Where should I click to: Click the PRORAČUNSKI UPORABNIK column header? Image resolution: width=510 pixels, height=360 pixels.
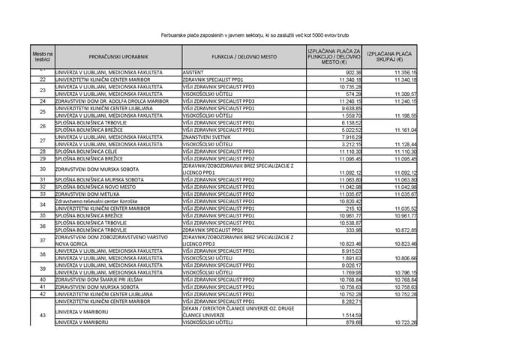[x=118, y=56]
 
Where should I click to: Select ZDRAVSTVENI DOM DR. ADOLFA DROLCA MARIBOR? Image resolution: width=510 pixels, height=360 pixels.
[x=112, y=100]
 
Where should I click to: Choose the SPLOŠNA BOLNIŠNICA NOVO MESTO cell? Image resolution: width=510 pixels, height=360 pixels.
[x=99, y=187]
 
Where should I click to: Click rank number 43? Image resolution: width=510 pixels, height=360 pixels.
[x=43, y=314]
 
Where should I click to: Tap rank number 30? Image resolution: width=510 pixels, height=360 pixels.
[x=43, y=169]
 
